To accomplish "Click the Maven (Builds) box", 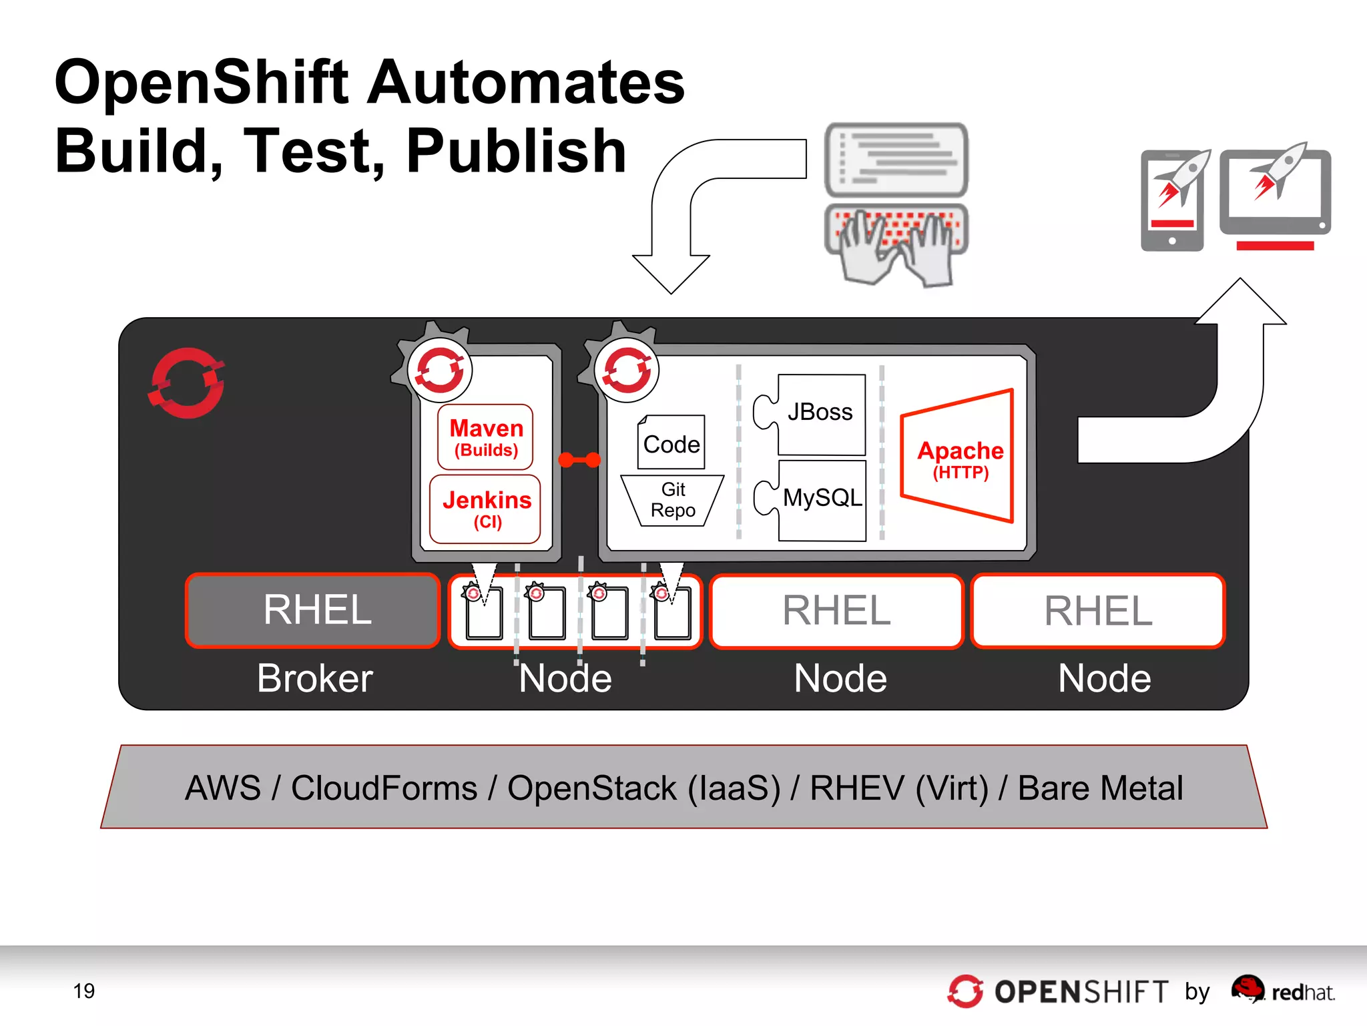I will pos(485,437).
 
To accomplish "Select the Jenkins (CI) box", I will pos(485,509).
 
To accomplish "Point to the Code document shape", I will pos(671,443).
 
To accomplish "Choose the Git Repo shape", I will pos(672,500).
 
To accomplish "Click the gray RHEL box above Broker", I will pos(313,610).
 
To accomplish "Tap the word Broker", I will pos(314,678).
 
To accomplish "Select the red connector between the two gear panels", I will pos(579,459).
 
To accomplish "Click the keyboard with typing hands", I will pos(896,244).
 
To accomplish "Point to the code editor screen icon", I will pos(896,159).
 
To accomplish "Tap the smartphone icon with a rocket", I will pos(1173,201).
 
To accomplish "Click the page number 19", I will pos(83,991).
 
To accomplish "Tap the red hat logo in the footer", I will pos(1247,989).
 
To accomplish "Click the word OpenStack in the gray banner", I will pos(591,788).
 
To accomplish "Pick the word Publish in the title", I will pos(515,152).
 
